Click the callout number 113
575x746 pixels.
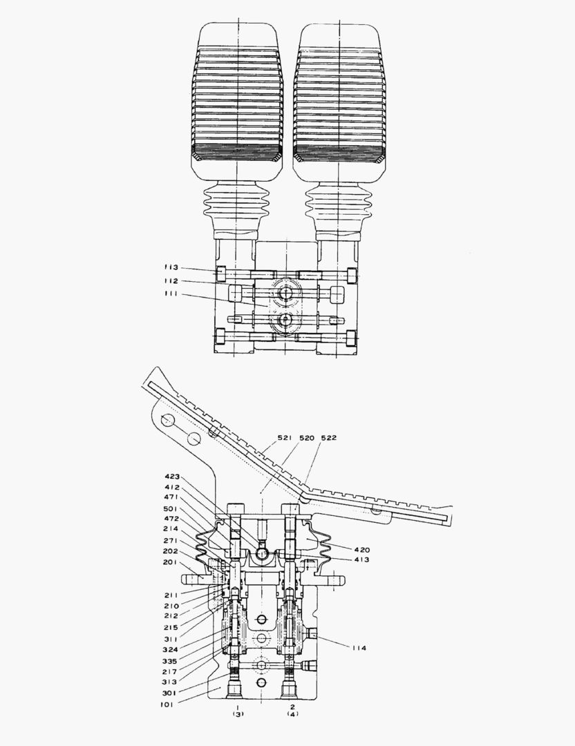point(171,267)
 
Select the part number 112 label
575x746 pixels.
point(171,281)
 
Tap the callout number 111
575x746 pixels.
point(171,295)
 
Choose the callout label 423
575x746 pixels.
point(173,476)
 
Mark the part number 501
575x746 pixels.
point(173,508)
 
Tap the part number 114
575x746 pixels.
point(359,648)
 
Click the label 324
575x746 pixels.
point(171,649)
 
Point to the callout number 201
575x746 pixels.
point(171,562)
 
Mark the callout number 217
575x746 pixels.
point(171,671)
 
